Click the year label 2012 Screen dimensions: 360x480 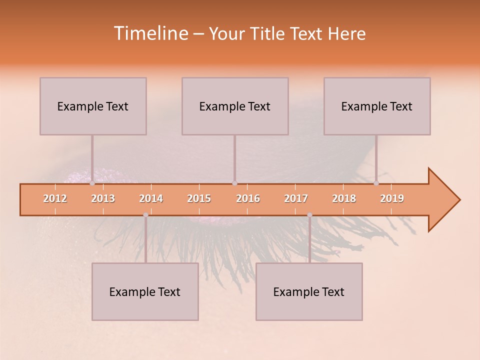pyautogui.click(x=55, y=198)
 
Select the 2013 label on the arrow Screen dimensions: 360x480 pyautogui.click(x=103, y=198)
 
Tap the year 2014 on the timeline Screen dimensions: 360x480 pyautogui.click(x=151, y=198)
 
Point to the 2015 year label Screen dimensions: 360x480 pyautogui.click(x=199, y=198)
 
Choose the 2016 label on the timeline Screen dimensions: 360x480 pyautogui.click(x=248, y=198)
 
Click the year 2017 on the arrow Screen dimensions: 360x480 pyautogui.click(x=296, y=198)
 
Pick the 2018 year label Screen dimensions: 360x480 pyautogui.click(x=344, y=198)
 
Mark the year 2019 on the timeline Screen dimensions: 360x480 pyautogui.click(x=392, y=198)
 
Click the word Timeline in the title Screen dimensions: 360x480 pyautogui.click(x=150, y=33)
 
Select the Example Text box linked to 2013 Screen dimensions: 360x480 pyautogui.click(x=93, y=106)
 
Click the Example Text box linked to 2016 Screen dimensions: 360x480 pyautogui.click(x=235, y=106)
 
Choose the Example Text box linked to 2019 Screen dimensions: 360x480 pyautogui.click(x=377, y=106)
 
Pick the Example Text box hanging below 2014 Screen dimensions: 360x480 pyautogui.click(x=145, y=291)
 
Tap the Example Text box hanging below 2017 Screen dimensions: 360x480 pyautogui.click(x=309, y=291)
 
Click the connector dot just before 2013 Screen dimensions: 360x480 pyautogui.click(x=92, y=183)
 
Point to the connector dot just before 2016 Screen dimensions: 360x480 pyautogui.click(x=234, y=183)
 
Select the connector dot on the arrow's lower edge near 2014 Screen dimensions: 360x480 pyautogui.click(x=145, y=215)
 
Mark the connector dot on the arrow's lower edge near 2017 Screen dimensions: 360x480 pyautogui.click(x=309, y=215)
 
